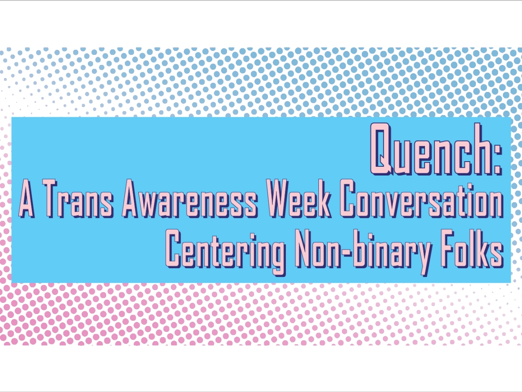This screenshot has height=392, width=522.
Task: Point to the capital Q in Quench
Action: (381, 148)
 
